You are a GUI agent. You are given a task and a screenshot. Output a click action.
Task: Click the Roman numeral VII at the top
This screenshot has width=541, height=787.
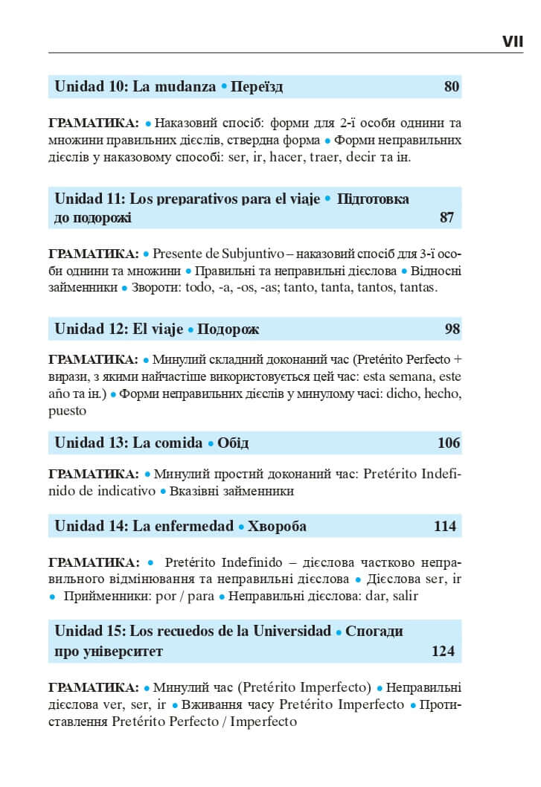coord(512,42)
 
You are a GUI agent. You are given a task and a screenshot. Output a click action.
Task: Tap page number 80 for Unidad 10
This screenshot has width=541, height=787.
coord(452,87)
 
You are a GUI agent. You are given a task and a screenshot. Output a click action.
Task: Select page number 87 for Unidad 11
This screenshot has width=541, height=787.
coord(446,218)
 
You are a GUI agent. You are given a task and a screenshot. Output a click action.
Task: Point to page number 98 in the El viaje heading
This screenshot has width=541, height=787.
coord(452,329)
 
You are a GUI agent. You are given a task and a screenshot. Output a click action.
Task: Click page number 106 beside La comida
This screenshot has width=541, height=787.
coord(449,443)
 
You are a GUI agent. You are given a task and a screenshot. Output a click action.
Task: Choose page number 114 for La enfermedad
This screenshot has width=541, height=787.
coord(444,527)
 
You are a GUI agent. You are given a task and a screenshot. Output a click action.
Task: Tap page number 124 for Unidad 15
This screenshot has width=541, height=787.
coord(443,652)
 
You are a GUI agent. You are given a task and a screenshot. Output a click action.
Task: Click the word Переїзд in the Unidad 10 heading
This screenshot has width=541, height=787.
coord(257,87)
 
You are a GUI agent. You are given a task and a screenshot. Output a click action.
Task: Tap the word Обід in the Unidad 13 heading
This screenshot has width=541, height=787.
coord(233,443)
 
